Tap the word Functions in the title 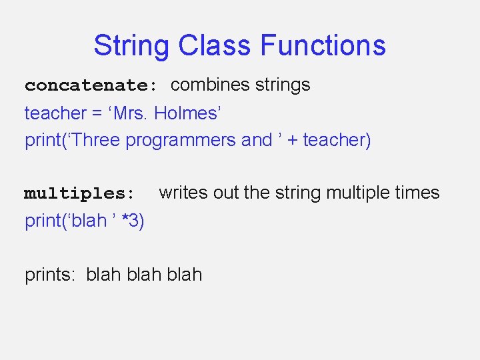tap(323, 45)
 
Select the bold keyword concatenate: tap(91, 85)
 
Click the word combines tap(209, 85)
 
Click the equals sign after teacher tap(98, 114)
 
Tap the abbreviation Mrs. tap(131, 113)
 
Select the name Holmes tap(185, 113)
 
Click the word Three tap(95, 140)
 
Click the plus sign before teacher tap(291, 141)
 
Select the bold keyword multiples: tap(80, 194)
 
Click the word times tap(417, 193)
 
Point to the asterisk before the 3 tap(125, 220)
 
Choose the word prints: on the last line tap(51, 275)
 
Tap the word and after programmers tap(257, 140)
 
